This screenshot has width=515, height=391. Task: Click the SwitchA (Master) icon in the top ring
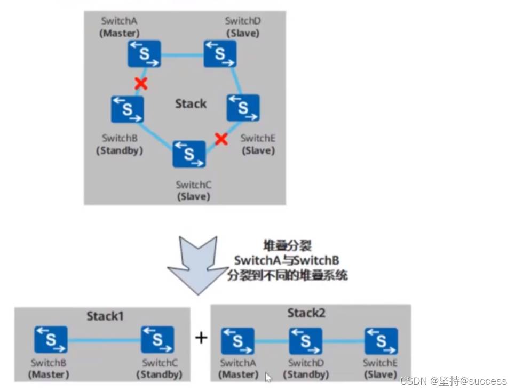144,54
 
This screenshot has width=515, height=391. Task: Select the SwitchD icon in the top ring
220,54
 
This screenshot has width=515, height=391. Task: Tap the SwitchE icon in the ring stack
243,108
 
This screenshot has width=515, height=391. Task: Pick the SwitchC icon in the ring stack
189,154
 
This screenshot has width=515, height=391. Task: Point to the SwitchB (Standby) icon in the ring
127,109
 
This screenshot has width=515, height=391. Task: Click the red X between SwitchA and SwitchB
140,83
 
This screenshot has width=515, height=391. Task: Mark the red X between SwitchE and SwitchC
221,140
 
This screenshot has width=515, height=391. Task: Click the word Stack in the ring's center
191,104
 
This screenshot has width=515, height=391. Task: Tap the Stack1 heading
105,316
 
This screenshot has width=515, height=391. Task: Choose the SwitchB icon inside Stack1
51,340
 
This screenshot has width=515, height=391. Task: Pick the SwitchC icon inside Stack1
157,340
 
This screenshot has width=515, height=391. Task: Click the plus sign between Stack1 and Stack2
201,338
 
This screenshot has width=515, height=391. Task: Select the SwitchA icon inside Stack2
237,341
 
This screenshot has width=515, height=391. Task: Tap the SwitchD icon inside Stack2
305,341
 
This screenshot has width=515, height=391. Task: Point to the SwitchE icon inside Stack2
381,341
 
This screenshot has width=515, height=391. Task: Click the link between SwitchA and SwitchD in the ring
182,54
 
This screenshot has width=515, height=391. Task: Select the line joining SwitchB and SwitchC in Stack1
104,340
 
